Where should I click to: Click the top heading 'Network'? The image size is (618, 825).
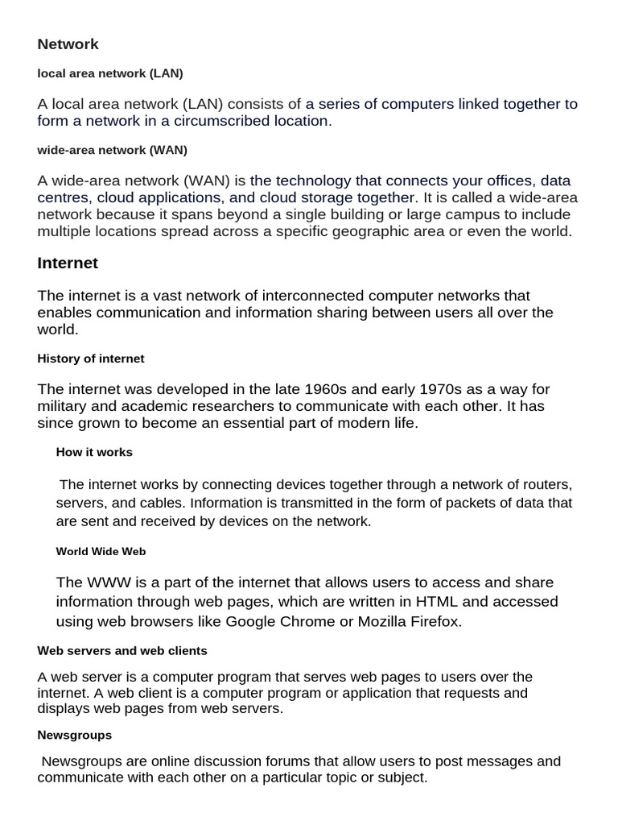pos(68,44)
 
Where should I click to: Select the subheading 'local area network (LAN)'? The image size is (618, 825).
pos(110,73)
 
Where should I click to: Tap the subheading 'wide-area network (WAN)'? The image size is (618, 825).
pos(112,150)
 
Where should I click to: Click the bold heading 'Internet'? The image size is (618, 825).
pos(68,263)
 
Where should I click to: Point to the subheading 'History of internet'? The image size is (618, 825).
pos(91,358)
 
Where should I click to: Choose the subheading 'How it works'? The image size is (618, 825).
pos(94,452)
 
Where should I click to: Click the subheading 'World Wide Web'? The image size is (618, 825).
pos(101,552)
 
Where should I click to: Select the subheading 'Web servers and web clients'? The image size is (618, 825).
pos(122,650)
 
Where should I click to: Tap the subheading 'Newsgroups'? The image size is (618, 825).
pos(75,735)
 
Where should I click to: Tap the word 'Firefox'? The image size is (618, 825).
pos(437,622)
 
